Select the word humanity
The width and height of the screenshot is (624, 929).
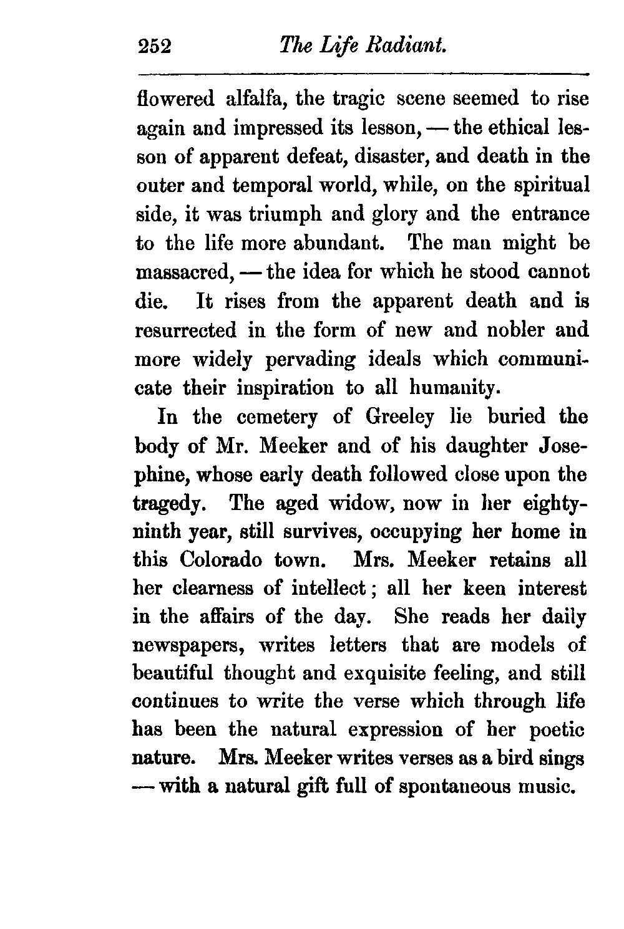coord(455,388)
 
